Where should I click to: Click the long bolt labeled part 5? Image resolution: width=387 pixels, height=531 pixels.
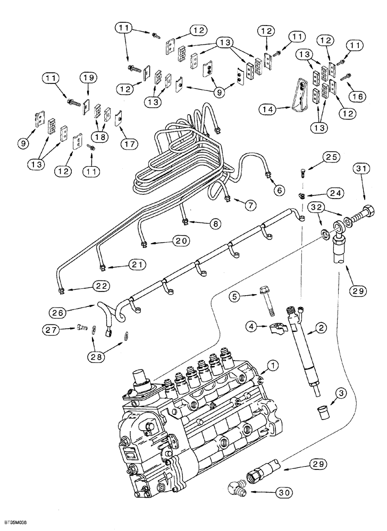tap(266, 303)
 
